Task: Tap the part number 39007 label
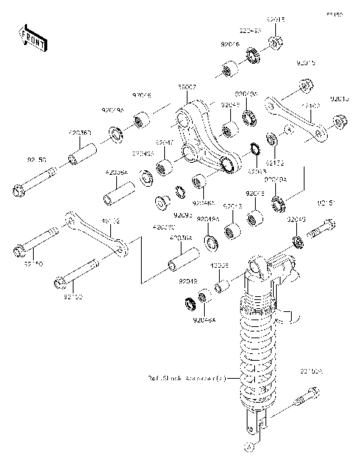(x=187, y=88)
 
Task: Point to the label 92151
(x=325, y=202)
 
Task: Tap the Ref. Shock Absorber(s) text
(x=186, y=379)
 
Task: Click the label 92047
(x=165, y=142)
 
